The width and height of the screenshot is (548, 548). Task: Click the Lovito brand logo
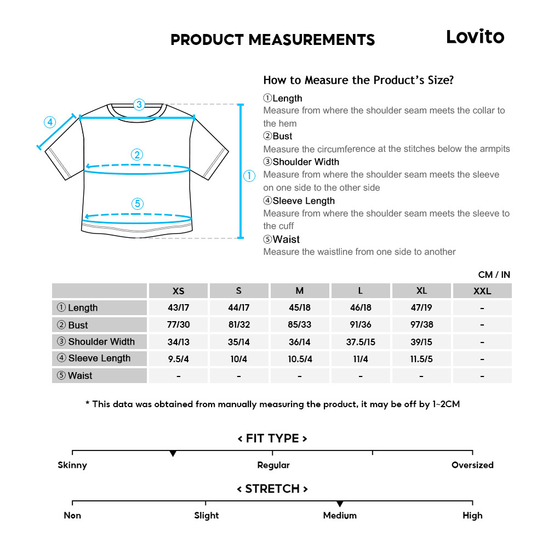click(475, 37)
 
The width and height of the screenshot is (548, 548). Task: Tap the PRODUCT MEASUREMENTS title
click(272, 39)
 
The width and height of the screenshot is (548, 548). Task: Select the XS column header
click(178, 291)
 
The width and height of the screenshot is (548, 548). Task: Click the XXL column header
click(482, 291)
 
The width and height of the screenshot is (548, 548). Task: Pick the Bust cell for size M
click(299, 324)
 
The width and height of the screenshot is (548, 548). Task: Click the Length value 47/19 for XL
click(421, 308)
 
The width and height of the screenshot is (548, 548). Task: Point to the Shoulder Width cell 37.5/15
click(360, 342)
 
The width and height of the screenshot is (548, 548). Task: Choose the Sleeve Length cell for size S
click(238, 359)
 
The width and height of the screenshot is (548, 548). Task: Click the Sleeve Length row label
click(94, 358)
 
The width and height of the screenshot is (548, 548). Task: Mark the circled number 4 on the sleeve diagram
click(50, 122)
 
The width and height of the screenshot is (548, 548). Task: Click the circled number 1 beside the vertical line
click(249, 176)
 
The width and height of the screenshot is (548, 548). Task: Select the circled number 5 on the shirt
click(138, 204)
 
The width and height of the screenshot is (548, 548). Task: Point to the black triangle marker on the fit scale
click(173, 454)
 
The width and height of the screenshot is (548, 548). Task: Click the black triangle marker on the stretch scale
click(340, 504)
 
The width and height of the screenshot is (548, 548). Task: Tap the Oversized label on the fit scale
click(472, 465)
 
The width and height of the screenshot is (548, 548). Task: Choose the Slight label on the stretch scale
click(206, 516)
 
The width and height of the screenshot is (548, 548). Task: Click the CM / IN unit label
click(494, 275)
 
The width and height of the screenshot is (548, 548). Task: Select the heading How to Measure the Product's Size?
click(358, 80)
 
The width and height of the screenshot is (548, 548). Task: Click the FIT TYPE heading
click(272, 438)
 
